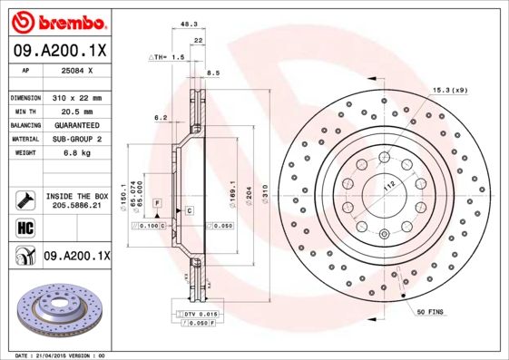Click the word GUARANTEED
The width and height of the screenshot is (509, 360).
pyautogui.click(x=75, y=124)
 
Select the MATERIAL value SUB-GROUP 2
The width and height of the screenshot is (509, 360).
pyautogui.click(x=76, y=139)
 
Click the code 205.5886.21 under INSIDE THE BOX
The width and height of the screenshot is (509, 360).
pyautogui.click(x=75, y=206)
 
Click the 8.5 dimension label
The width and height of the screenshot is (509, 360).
pyautogui.click(x=213, y=73)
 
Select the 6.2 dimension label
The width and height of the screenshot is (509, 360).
pyautogui.click(x=161, y=118)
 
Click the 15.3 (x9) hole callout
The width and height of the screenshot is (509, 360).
pyautogui.click(x=451, y=90)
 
